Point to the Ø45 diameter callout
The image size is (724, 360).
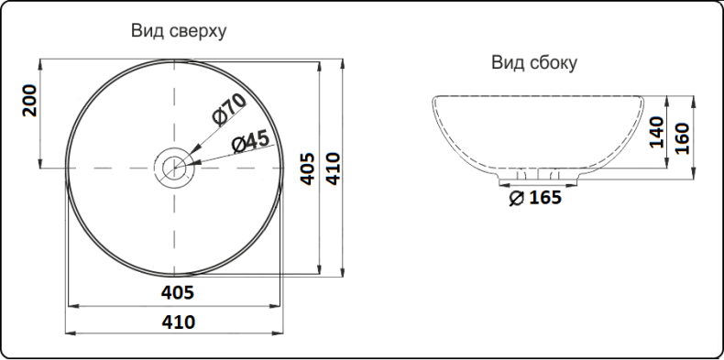[249, 142]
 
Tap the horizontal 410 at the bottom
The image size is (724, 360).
[178, 322]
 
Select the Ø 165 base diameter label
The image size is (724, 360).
[534, 197]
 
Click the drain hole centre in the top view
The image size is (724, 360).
[172, 168]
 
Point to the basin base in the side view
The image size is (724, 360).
[538, 176]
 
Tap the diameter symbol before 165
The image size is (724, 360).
[515, 198]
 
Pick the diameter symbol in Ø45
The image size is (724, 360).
[236, 146]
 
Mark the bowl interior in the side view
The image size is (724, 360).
[538, 128]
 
